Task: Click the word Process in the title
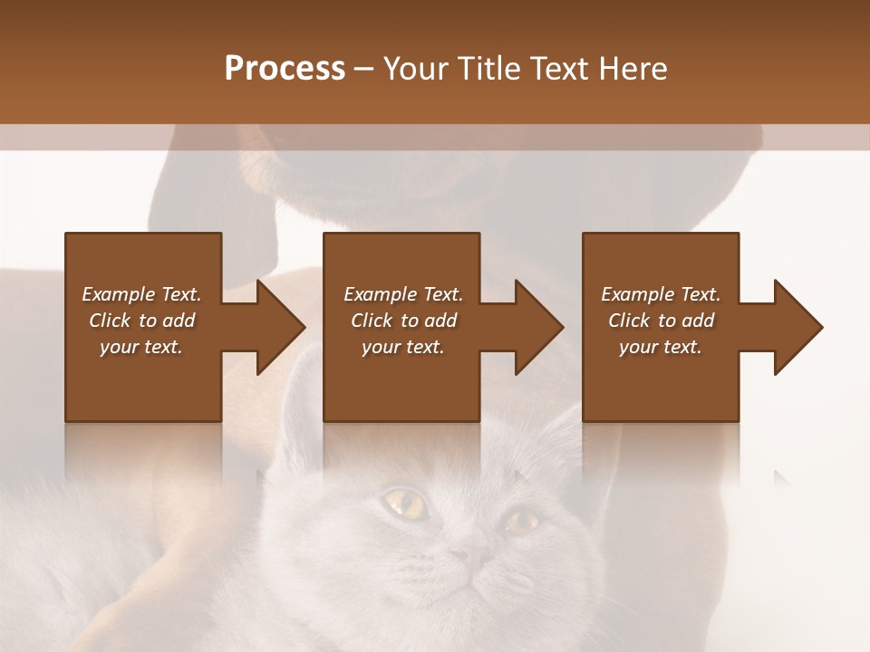coord(285,69)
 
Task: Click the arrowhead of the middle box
coord(537,327)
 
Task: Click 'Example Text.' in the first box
coord(141,294)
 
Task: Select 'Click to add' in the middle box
coord(403,321)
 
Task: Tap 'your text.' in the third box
coord(660,347)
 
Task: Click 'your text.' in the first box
coord(141,347)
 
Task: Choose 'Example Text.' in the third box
coord(660,294)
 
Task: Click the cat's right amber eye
coord(521,521)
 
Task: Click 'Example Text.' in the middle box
coord(403,294)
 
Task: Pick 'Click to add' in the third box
coord(661,321)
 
